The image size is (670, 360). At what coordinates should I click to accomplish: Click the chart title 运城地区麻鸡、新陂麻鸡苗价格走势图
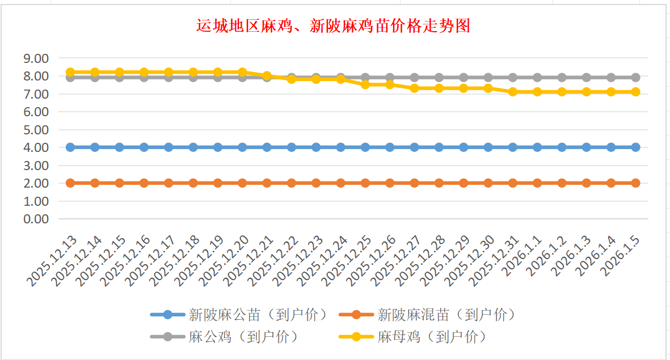[334, 26]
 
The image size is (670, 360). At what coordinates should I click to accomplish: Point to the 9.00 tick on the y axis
[35, 58]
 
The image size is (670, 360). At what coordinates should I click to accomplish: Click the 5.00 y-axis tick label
[35, 129]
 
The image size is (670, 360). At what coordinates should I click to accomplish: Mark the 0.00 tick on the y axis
[35, 219]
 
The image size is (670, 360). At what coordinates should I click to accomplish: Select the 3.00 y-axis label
[35, 165]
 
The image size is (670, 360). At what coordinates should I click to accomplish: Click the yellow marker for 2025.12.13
[70, 72]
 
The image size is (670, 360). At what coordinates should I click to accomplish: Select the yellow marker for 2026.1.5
[635, 91]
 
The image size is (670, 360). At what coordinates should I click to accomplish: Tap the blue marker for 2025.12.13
[70, 147]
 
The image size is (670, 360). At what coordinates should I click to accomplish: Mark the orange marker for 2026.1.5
[635, 183]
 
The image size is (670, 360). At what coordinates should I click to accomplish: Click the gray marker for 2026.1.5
[635, 77]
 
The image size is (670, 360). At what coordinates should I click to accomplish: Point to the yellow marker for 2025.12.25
[365, 84]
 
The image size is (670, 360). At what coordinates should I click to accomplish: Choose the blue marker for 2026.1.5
[635, 147]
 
